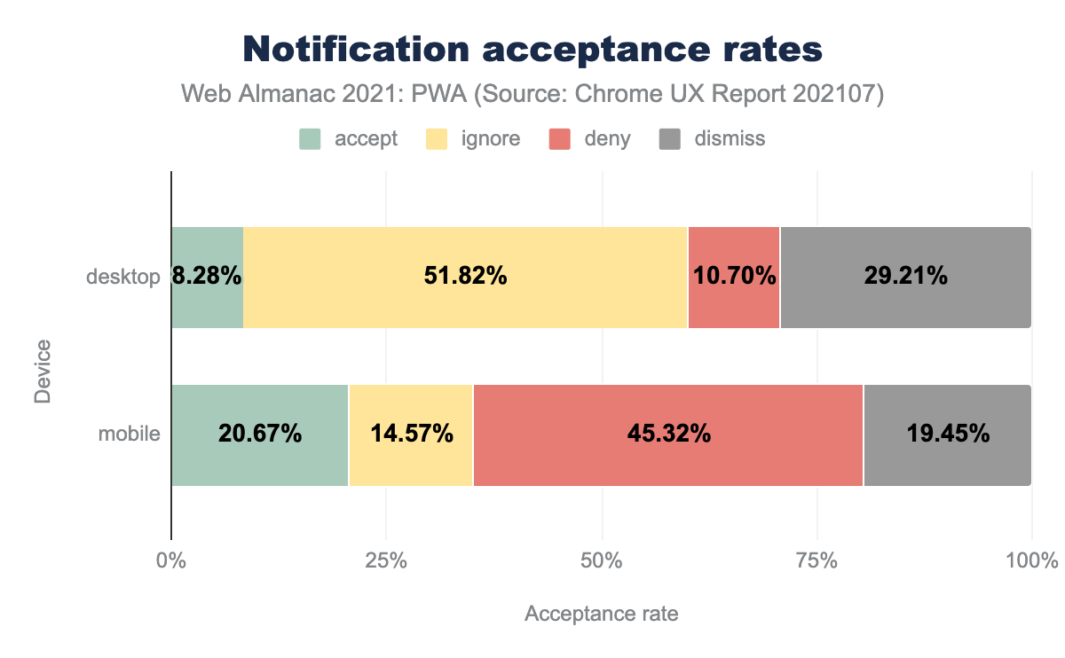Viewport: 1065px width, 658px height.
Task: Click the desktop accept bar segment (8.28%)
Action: [x=207, y=278]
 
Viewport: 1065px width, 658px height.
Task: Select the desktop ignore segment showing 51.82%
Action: [x=465, y=278]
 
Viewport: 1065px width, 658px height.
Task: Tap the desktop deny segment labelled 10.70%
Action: [x=733, y=278]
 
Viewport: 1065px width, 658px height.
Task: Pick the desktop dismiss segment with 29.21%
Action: [x=905, y=278]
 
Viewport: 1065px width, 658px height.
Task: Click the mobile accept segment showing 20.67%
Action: [x=259, y=435]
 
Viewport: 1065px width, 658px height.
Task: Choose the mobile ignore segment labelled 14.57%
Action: [x=411, y=435]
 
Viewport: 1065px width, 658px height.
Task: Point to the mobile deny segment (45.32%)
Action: [x=668, y=435]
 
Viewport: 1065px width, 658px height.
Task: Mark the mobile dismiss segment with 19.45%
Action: [x=947, y=435]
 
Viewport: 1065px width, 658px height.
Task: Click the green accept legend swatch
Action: [x=310, y=139]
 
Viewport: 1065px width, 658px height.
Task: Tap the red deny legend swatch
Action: [x=560, y=139]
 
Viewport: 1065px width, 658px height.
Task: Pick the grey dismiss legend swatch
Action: [x=670, y=139]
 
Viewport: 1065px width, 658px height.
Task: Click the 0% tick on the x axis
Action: [x=170, y=561]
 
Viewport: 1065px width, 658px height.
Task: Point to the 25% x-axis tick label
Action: [x=386, y=561]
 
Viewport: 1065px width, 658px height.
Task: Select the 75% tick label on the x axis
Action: [x=817, y=561]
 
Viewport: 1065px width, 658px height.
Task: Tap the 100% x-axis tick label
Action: [x=1032, y=561]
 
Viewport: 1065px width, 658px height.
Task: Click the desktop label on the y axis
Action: [x=123, y=278]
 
